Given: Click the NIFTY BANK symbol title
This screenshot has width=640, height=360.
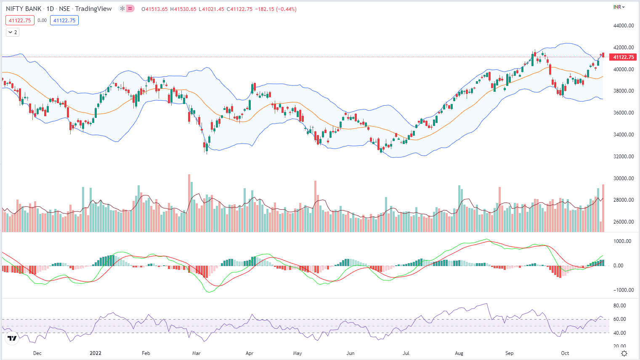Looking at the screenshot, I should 24,9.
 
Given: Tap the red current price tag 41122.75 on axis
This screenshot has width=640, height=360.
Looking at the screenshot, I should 623,57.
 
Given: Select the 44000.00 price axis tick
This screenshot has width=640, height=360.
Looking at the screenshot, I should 623,26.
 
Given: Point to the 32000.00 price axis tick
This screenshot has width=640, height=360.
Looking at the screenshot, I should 623,157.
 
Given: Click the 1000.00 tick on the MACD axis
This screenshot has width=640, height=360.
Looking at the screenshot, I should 622,241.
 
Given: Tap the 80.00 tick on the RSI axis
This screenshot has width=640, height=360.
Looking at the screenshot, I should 619,306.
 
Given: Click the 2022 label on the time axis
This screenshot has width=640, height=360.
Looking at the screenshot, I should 96,353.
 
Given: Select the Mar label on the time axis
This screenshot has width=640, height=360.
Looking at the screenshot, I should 196,353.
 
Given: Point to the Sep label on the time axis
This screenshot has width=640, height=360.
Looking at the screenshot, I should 509,353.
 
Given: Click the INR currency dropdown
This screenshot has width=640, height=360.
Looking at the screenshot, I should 619,7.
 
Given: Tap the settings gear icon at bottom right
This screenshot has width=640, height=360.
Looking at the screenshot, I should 624,353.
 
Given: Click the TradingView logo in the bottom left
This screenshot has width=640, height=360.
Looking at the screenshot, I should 12,338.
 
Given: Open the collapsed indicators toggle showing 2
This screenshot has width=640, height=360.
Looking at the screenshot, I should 13,32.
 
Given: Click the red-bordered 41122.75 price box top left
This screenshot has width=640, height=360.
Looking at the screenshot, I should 20,20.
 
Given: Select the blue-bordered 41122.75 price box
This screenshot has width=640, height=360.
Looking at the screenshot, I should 64,20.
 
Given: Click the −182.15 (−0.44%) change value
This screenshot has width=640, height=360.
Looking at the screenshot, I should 276,9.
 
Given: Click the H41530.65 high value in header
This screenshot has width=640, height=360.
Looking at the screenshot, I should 183,9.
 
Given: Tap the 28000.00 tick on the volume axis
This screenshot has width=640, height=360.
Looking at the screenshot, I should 623,200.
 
